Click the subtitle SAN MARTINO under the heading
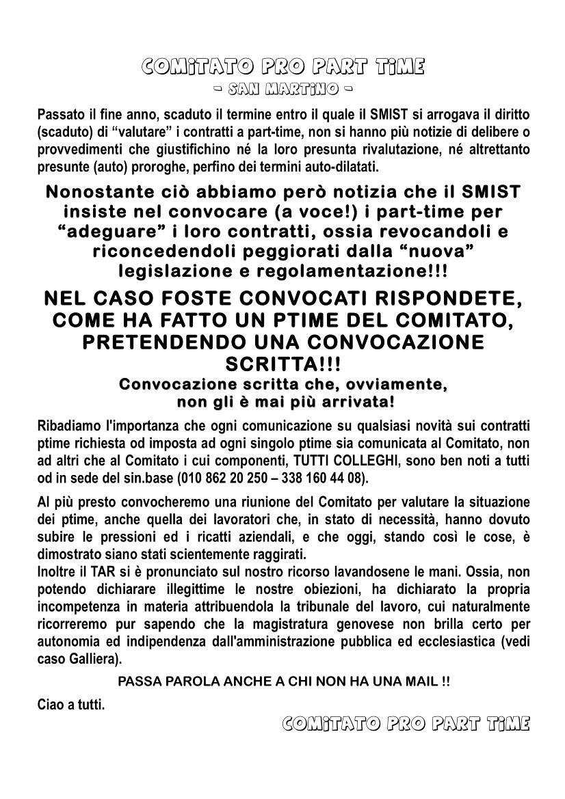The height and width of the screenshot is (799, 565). pos(282,90)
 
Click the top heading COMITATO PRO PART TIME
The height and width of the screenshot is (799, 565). pos(282,67)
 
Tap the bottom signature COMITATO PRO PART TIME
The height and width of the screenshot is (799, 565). pos(405,722)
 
